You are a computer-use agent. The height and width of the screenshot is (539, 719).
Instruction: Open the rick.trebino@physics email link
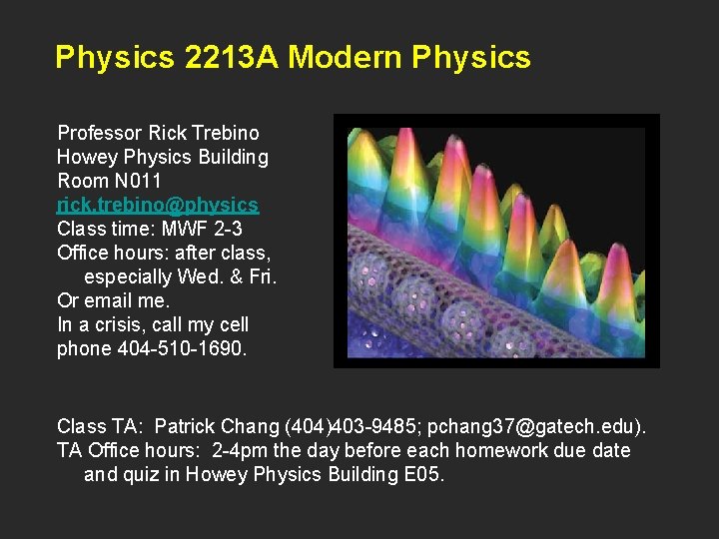pos(158,205)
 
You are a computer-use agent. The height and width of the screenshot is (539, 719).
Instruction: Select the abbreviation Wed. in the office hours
pos(206,276)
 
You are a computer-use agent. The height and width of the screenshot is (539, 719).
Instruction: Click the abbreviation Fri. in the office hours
pos(260,276)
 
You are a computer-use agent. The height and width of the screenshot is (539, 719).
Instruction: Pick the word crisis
pos(115,324)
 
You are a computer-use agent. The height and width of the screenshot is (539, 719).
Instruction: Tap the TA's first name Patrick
pos(190,426)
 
